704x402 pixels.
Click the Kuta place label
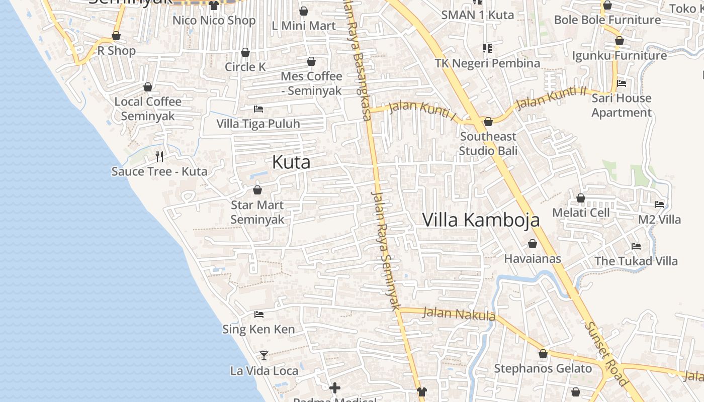click(291, 162)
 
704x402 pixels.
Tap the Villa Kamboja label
click(481, 220)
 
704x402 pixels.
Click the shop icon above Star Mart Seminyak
click(257, 190)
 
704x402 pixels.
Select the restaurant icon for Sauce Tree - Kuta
click(159, 157)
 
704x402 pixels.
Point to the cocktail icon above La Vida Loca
click(264, 356)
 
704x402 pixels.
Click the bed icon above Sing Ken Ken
click(259, 315)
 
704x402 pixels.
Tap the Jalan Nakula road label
click(459, 314)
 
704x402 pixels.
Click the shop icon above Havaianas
click(533, 244)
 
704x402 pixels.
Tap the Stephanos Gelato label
click(543, 368)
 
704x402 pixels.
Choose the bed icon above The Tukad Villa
click(636, 246)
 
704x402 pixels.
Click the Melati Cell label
click(581, 213)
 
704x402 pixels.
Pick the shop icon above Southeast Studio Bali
click(488, 122)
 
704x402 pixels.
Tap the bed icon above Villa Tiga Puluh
click(258, 109)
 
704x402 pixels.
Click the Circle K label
click(245, 67)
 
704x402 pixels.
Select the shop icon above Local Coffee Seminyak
click(148, 87)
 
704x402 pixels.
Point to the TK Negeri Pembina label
click(487, 63)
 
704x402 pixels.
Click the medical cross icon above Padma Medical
click(335, 387)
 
